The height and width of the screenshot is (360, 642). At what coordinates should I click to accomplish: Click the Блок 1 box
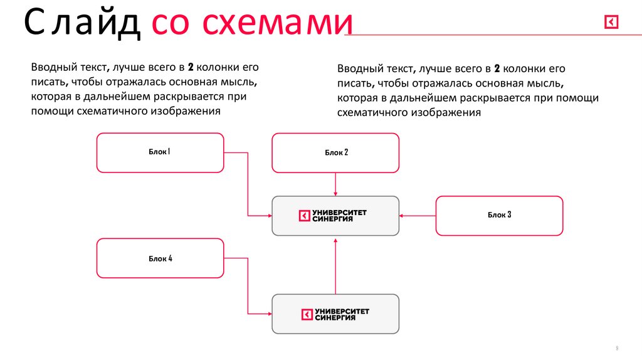coord(160,152)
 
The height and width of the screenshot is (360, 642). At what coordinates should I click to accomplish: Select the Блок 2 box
coord(335,152)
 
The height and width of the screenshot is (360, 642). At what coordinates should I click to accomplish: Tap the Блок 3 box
coord(499,215)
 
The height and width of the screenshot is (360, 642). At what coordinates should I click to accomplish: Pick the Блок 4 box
coord(160,258)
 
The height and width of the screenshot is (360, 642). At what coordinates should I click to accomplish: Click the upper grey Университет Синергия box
coord(335,216)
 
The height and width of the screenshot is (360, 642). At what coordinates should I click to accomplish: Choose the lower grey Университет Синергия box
coord(335,314)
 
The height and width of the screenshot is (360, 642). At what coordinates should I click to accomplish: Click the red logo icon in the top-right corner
coord(611,23)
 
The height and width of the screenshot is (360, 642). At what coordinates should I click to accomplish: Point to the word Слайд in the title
coord(82,24)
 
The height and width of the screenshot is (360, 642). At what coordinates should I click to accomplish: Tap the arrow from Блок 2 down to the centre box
coord(336,184)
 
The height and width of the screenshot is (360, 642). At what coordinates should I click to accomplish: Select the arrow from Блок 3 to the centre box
coord(418,216)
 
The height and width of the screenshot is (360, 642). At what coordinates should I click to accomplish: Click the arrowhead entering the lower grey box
coord(268,314)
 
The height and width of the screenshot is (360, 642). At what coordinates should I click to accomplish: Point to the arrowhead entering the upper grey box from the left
coord(268,216)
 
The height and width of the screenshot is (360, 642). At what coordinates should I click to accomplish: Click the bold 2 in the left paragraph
coord(191,66)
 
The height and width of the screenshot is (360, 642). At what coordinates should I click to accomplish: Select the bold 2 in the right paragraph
coord(496,68)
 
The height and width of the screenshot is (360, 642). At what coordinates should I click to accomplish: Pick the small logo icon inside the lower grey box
coord(307,314)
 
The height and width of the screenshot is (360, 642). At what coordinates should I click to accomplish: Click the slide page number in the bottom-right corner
coord(617,347)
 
